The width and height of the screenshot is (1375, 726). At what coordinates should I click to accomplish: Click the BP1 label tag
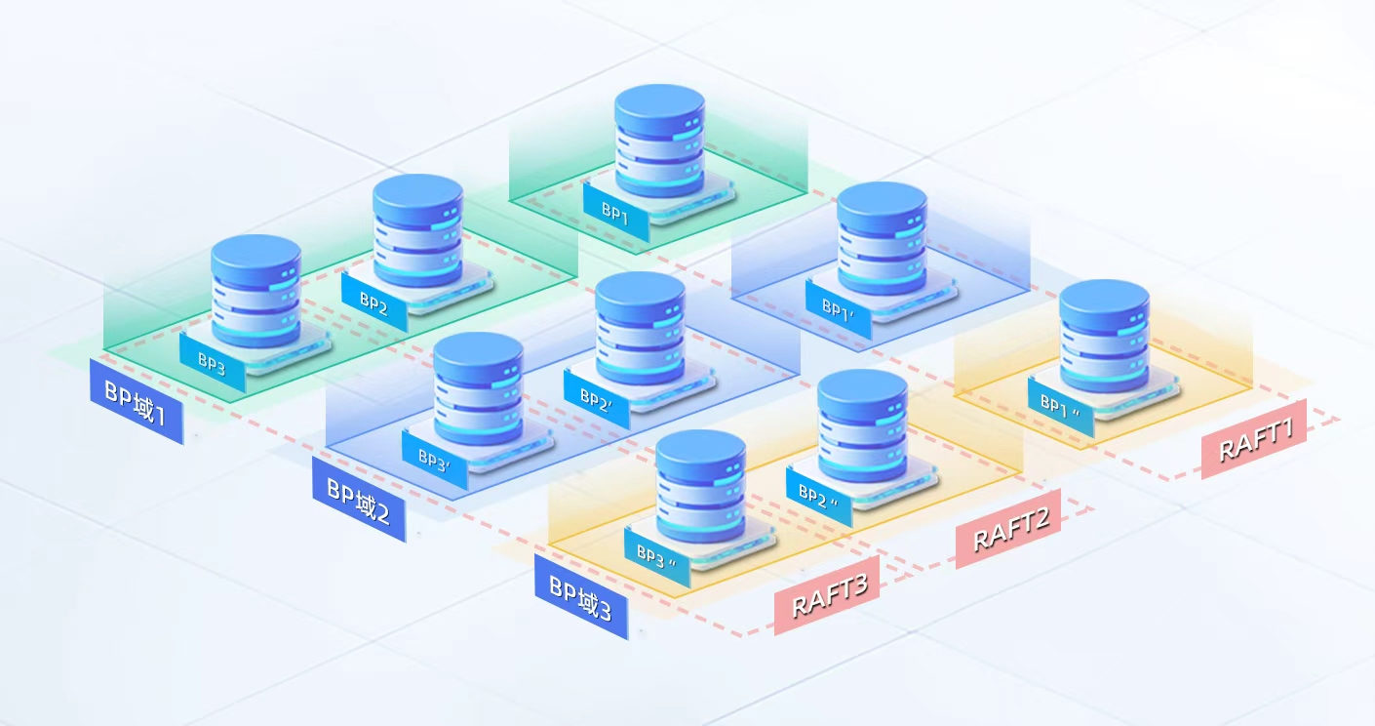[615, 213]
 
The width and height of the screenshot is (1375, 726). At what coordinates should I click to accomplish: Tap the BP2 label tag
[373, 302]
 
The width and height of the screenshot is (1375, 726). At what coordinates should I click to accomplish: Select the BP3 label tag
[213, 363]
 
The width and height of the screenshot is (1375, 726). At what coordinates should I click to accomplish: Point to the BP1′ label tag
[839, 309]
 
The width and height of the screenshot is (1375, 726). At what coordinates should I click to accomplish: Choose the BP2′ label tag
[597, 399]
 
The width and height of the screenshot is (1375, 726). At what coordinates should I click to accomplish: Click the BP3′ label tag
[435, 461]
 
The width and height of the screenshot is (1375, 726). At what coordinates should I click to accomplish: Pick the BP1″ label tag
[1061, 407]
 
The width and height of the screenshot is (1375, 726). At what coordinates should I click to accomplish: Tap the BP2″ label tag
[819, 497]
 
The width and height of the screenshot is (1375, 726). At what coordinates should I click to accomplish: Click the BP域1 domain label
[137, 402]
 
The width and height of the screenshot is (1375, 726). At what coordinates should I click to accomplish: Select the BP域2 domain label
[359, 500]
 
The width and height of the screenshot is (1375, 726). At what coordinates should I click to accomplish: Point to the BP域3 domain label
[581, 597]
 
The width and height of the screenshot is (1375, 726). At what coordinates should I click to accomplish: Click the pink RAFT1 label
[1254, 438]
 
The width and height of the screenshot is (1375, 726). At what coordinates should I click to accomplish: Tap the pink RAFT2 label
[1008, 529]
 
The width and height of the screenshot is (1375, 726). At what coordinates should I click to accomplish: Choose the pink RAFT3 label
[827, 595]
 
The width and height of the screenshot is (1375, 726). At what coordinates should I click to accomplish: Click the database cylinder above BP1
[660, 141]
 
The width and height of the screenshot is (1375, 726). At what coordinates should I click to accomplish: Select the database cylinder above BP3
[255, 290]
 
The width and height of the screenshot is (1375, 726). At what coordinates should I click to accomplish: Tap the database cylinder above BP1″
[1104, 336]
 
